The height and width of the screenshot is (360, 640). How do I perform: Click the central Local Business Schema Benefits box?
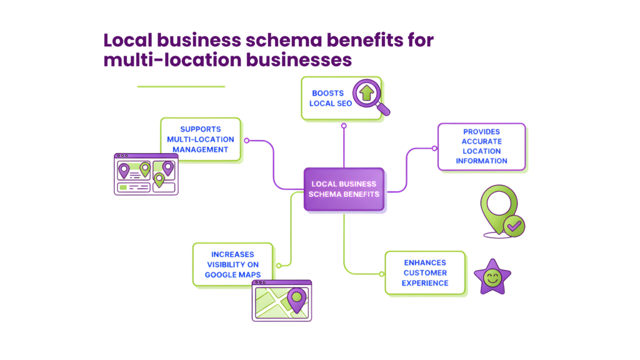pos(344,189)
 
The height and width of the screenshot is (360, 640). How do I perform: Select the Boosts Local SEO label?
pos(328,98)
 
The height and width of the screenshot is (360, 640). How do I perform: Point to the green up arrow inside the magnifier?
pos(366,93)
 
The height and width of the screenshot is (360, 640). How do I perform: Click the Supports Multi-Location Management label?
pos(200,139)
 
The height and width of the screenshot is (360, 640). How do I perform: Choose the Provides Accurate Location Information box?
pos(481,146)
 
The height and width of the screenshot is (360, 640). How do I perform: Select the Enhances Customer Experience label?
pos(425,273)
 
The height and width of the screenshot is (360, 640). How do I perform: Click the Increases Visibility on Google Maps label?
pos(232,264)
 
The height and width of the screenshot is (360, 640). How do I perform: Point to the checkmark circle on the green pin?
pos(514,226)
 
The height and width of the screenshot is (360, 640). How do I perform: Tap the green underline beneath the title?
pos(181,86)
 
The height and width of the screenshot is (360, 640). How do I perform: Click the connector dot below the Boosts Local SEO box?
pos(344,126)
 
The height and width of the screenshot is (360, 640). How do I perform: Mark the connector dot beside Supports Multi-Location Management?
pos(247,141)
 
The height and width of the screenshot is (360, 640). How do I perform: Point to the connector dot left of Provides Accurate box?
pos(434,148)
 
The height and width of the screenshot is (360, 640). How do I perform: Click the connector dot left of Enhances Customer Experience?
pos(381,273)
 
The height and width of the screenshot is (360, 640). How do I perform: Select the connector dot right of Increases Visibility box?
pos(279,265)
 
